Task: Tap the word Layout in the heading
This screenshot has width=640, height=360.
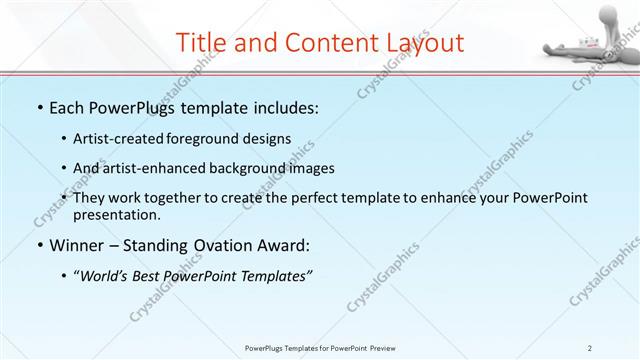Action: [x=423, y=42]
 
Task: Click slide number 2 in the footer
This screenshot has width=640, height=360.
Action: [x=590, y=348]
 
